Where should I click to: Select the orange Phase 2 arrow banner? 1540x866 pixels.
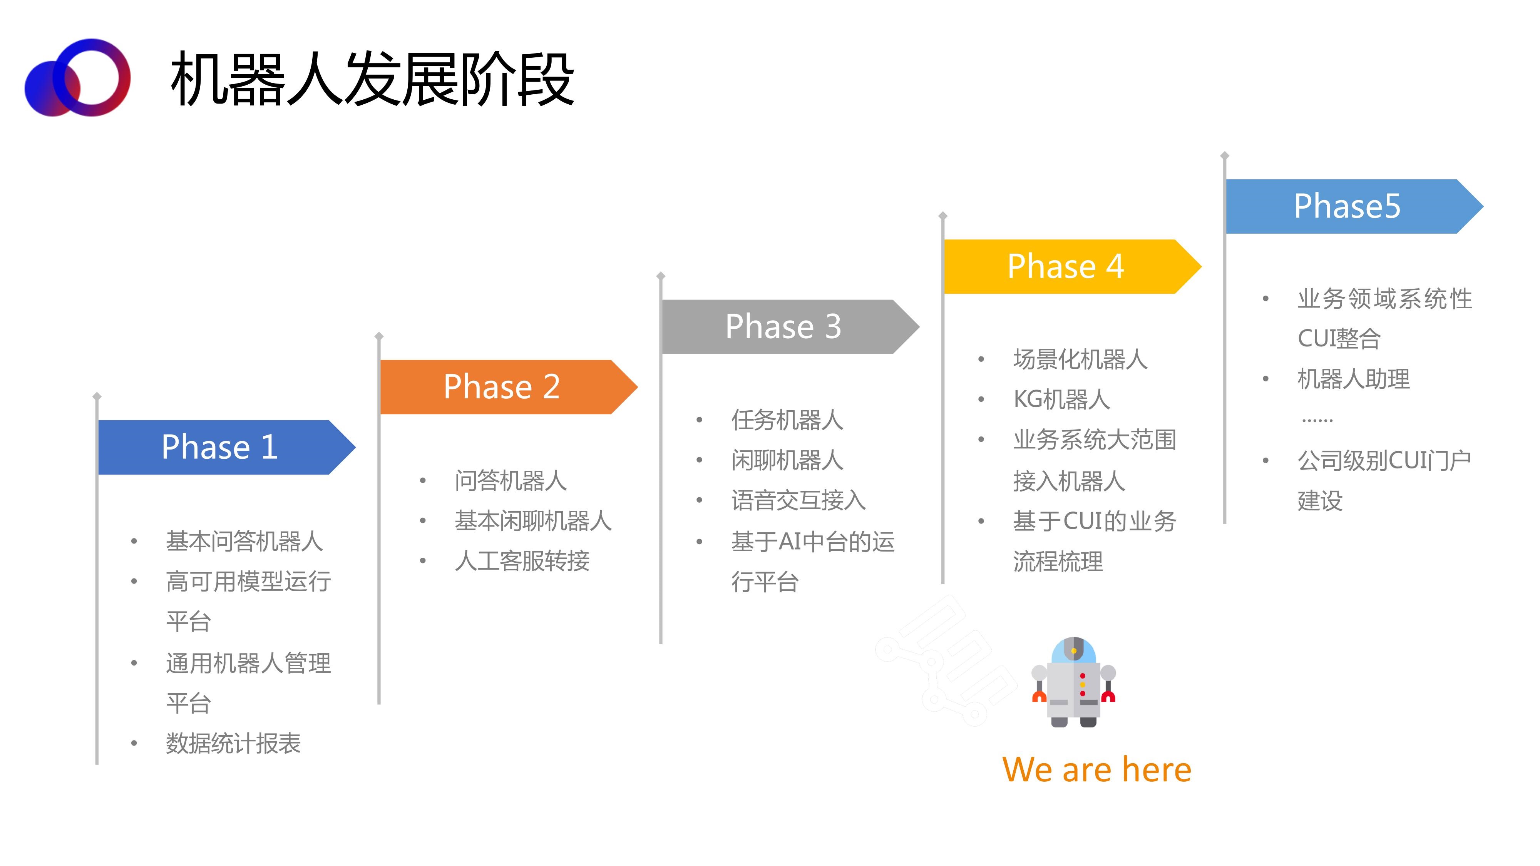[x=509, y=387]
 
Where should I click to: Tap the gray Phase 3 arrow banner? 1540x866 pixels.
[x=790, y=326]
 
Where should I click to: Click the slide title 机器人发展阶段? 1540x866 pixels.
[x=372, y=79]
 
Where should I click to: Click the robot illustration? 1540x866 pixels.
[x=1074, y=682]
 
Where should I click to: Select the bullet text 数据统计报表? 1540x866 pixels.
[x=233, y=744]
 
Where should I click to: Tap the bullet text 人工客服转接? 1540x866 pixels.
[x=522, y=561]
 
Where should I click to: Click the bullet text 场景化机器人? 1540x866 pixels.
[x=1080, y=359]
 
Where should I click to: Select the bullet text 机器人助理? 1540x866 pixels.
[x=1354, y=378]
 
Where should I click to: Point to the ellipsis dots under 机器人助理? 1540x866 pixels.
[x=1317, y=421]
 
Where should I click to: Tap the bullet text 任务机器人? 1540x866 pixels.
[x=787, y=420]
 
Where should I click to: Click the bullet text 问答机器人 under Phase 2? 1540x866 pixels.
[x=510, y=480]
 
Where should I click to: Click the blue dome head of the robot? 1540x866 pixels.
[x=1074, y=650]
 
